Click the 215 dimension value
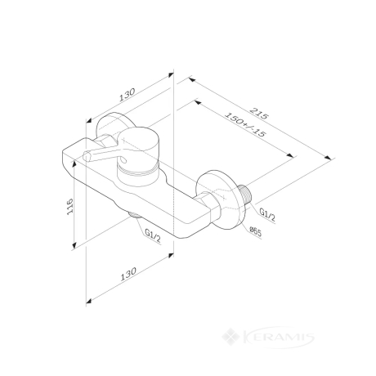pos(259,114)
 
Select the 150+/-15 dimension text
pos(244,125)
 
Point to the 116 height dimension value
pos(70,207)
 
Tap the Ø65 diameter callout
pos(255,232)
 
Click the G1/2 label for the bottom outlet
pos(153,236)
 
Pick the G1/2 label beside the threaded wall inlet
pos(267,215)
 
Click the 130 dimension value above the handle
pos(127,95)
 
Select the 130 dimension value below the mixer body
pos(128,274)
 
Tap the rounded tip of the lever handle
pos(87,156)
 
